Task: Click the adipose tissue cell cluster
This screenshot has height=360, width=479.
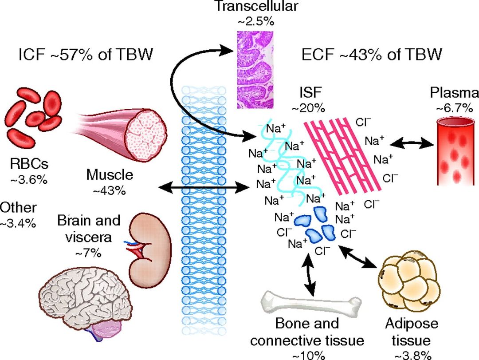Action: tap(405, 285)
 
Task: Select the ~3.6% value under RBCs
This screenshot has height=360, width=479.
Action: tap(29, 180)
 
